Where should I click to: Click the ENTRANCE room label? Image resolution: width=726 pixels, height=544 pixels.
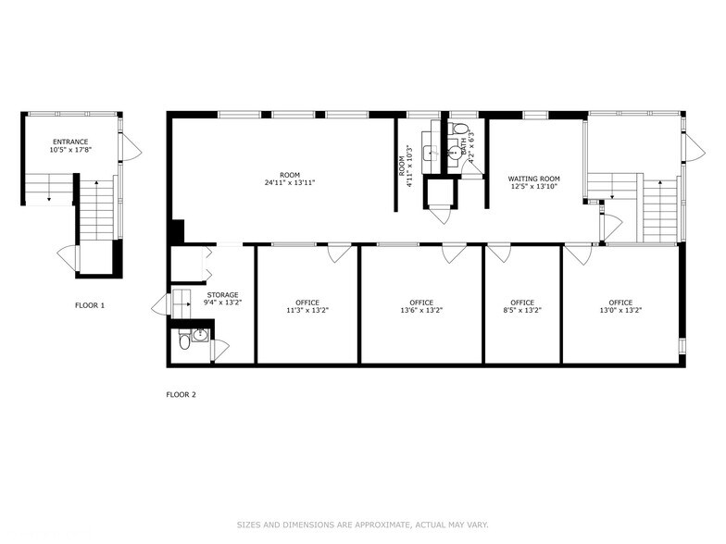tap(70, 142)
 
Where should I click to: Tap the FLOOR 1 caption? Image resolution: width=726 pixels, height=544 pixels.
tap(90, 304)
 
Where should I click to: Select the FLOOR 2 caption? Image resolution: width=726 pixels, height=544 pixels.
tap(181, 394)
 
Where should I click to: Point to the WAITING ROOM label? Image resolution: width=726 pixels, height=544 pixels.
tap(533, 179)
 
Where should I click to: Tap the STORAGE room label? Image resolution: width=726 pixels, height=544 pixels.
tap(221, 294)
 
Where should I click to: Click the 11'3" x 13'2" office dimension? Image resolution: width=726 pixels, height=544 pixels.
tap(307, 311)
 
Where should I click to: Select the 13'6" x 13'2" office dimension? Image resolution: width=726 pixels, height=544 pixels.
tap(421, 311)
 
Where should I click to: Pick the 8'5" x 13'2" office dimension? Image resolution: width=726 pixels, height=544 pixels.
tap(522, 311)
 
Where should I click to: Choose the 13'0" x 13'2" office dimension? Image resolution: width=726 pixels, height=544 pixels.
tap(620, 311)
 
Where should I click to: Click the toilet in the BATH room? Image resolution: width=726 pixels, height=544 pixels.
tap(460, 130)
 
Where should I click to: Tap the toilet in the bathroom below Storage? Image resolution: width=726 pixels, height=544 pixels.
tap(183, 341)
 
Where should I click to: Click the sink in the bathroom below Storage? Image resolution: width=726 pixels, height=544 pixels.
tap(200, 334)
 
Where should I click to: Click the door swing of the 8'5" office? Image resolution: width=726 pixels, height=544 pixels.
tap(500, 253)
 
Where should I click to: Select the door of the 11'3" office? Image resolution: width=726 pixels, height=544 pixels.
tap(340, 253)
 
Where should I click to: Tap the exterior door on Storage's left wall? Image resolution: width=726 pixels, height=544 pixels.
tap(161, 305)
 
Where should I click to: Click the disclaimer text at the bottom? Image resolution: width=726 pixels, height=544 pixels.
tap(362, 524)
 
